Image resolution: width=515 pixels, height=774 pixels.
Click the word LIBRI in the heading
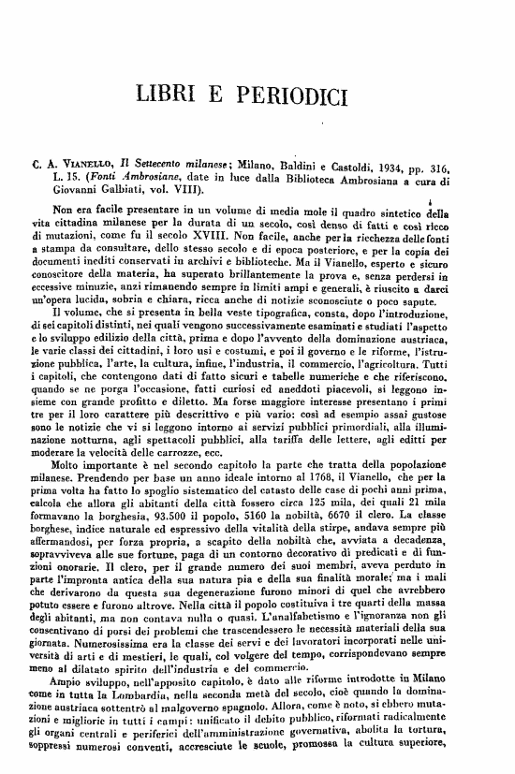[x=170, y=94]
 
